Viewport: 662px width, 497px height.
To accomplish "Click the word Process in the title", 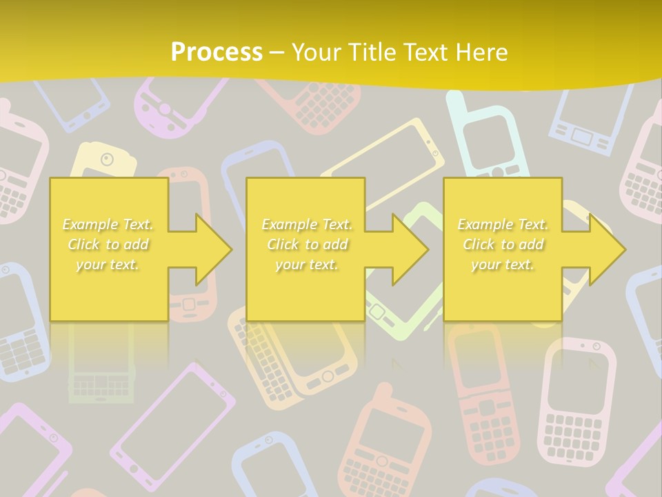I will pyautogui.click(x=217, y=52).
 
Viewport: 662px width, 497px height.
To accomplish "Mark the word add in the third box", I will pyautogui.click(x=532, y=244).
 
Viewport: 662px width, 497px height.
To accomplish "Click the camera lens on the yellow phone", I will pyautogui.click(x=106, y=159).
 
